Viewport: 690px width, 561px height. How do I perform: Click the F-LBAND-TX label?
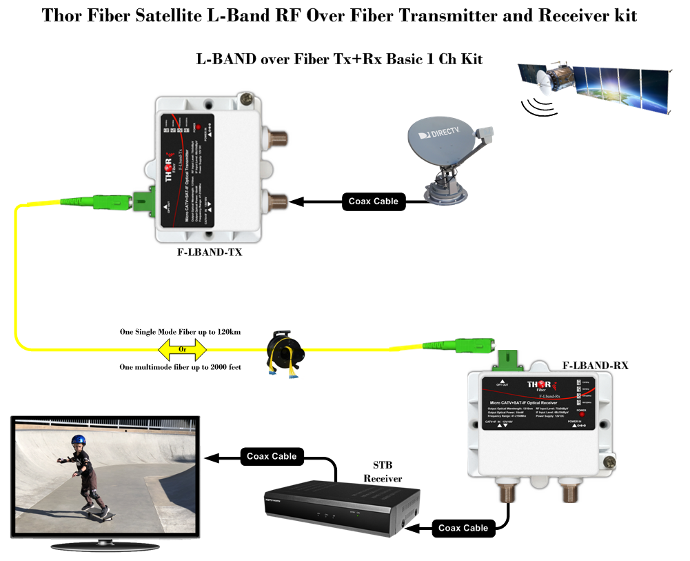click(x=209, y=253)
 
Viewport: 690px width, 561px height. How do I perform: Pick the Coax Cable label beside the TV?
click(x=272, y=456)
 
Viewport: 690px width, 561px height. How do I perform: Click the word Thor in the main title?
click(x=67, y=15)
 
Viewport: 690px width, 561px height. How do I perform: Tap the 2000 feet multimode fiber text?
click(x=181, y=367)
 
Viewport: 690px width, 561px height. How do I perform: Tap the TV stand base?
click(x=105, y=545)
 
